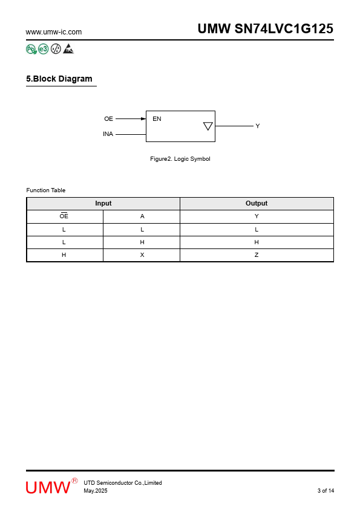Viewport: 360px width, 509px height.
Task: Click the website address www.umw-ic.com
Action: [x=54, y=32]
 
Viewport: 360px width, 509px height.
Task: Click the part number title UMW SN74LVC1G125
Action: [x=266, y=28]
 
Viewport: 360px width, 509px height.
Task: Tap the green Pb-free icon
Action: [x=31, y=49]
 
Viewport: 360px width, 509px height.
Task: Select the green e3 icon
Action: [x=43, y=49]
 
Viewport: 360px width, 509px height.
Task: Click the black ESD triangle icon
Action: [x=68, y=49]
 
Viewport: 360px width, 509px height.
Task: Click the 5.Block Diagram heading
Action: [x=59, y=79]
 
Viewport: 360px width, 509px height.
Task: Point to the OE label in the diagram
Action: [x=108, y=119]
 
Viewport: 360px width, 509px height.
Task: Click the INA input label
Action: [x=108, y=134]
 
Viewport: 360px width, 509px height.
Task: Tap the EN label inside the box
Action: [x=157, y=119]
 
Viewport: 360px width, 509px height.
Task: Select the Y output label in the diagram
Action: [x=258, y=126]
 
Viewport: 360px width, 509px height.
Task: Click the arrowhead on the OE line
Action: [x=143, y=119]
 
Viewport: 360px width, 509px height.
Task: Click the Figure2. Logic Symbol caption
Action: [x=180, y=159]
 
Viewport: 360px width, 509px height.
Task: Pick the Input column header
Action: [x=103, y=203]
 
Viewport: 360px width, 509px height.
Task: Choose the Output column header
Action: [x=257, y=203]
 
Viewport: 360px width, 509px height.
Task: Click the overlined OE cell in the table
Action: [x=64, y=216]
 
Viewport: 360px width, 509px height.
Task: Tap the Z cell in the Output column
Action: [x=257, y=255]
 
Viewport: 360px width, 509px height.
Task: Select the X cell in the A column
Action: [x=142, y=255]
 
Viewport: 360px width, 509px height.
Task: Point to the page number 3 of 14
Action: [x=326, y=490]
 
